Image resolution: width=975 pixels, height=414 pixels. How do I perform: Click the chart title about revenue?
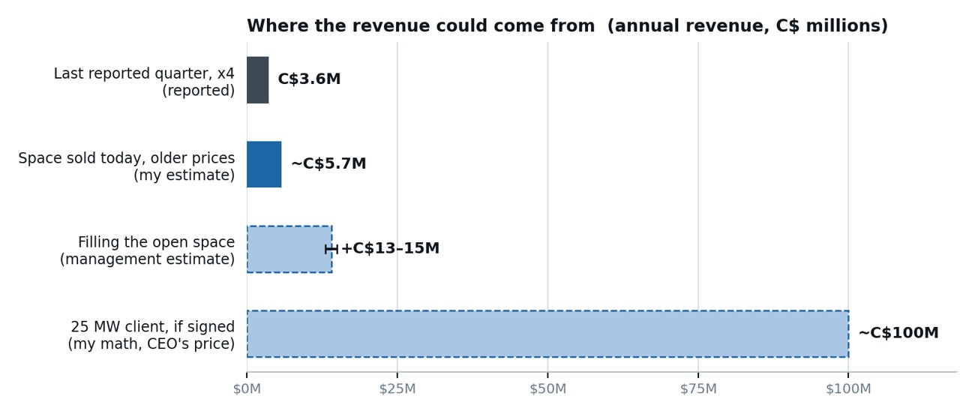[567, 25]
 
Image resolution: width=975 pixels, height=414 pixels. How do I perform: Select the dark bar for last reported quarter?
[258, 80]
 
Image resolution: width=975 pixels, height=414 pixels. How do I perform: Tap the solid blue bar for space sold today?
[264, 164]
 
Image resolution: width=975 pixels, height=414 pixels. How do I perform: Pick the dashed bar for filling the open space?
[289, 249]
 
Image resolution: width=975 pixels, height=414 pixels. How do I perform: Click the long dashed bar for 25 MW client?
[547, 334]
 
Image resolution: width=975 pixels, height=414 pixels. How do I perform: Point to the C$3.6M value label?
[309, 79]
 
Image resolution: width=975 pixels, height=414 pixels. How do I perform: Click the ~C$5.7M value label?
[328, 163]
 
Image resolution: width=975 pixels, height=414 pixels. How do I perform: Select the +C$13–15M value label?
[390, 248]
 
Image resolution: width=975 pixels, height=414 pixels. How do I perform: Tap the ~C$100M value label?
[898, 333]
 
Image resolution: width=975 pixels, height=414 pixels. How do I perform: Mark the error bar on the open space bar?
[331, 249]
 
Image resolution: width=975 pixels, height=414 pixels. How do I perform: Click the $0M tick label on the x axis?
[247, 388]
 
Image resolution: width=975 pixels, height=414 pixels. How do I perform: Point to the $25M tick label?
[397, 388]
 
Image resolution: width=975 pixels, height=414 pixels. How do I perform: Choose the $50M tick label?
[548, 388]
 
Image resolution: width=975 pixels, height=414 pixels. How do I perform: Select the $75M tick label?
[698, 388]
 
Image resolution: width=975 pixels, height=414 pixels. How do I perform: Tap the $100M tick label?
[848, 388]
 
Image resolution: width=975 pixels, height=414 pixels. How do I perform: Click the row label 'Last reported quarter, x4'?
[144, 73]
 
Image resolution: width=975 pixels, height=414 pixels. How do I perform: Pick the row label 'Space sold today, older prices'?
[127, 158]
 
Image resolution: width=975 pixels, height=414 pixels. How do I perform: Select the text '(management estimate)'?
[147, 259]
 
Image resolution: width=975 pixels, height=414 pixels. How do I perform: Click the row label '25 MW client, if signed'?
[153, 326]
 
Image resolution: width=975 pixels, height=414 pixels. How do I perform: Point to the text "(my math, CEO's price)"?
[151, 344]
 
